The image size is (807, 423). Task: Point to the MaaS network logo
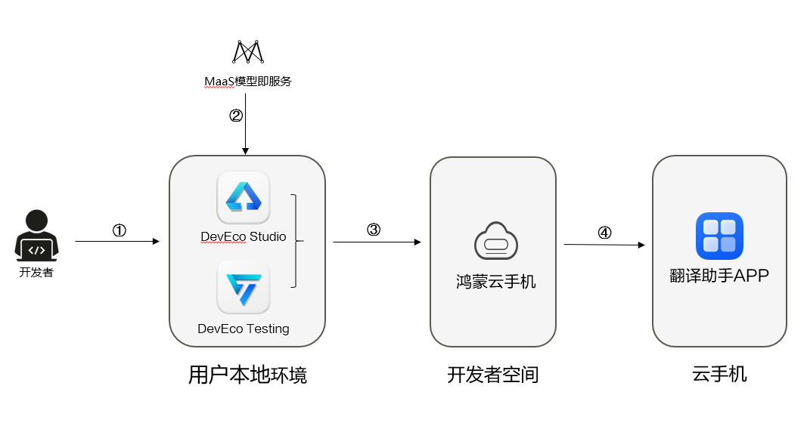pos(247,51)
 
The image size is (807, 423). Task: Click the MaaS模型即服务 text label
pos(247,81)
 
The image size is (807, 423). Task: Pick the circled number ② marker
pos(236,116)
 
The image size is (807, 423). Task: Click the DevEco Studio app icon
pos(243,198)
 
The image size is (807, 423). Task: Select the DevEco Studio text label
pos(243,236)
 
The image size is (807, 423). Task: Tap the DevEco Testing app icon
pos(243,288)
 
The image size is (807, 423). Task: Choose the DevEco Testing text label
pos(243,329)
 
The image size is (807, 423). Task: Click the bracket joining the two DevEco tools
pos(296,242)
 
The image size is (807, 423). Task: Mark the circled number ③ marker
pos(373,230)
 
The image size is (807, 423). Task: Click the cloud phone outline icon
pos(495,242)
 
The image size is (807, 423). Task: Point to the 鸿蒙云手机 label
pos(495,282)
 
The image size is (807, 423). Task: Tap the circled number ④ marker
pos(604,233)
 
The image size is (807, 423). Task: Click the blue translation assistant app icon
pos(719,236)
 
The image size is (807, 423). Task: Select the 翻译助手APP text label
pos(719,276)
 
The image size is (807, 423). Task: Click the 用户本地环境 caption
pos(247,375)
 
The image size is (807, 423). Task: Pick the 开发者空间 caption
pos(492,375)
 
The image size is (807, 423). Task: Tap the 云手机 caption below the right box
pos(719,373)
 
